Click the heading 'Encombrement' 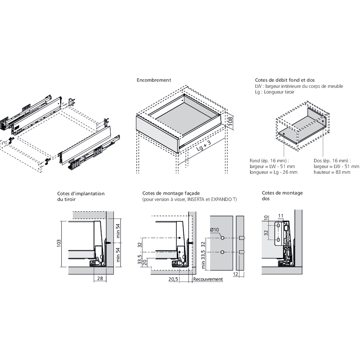pyautogui.click(x=154, y=80)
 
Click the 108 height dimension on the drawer pyautogui.click(x=230, y=121)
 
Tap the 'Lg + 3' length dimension pyautogui.click(x=204, y=146)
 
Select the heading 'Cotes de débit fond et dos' pyautogui.click(x=285, y=80)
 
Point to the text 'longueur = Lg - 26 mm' pyautogui.click(x=274, y=172)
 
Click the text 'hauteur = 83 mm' pyautogui.click(x=332, y=172)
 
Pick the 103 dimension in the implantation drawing pyautogui.click(x=59, y=243)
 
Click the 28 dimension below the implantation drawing pyautogui.click(x=100, y=278)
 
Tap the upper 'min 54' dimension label pyautogui.click(x=118, y=231)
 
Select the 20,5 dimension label pyautogui.click(x=173, y=279)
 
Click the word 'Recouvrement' pyautogui.click(x=208, y=279)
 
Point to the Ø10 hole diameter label pyautogui.click(x=215, y=230)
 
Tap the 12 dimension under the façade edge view pyautogui.click(x=235, y=274)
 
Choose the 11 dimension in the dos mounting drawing pyautogui.click(x=280, y=216)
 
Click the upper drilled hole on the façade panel pyautogui.click(x=222, y=238)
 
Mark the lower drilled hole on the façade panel pyautogui.click(x=222, y=252)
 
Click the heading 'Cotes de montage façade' pyautogui.click(x=171, y=193)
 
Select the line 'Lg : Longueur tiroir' pyautogui.click(x=275, y=92)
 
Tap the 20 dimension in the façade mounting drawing pyautogui.click(x=145, y=262)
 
